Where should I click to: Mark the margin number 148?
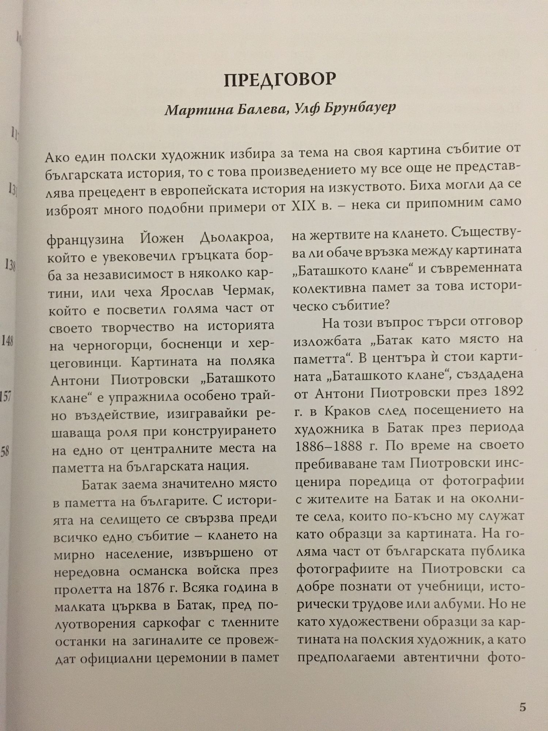click(x=8, y=342)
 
